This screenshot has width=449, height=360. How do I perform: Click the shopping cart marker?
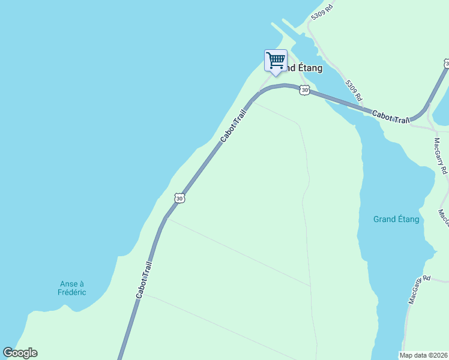[276, 61]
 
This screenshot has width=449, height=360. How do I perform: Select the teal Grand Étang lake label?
[396, 220]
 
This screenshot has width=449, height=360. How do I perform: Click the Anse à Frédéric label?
[72, 288]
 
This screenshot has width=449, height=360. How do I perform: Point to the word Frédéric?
[72, 292]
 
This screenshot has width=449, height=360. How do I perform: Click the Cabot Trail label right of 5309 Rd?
[390, 117]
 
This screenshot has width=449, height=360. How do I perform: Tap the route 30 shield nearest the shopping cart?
[305, 90]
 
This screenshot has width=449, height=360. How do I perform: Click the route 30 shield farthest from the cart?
[179, 197]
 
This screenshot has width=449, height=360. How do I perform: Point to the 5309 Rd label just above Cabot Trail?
[354, 90]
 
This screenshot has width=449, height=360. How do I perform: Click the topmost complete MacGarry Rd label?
[441, 156]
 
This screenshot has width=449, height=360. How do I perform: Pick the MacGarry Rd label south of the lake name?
[419, 289]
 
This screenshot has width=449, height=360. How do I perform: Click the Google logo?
[20, 353]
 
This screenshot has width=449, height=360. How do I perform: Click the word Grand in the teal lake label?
[385, 220]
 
